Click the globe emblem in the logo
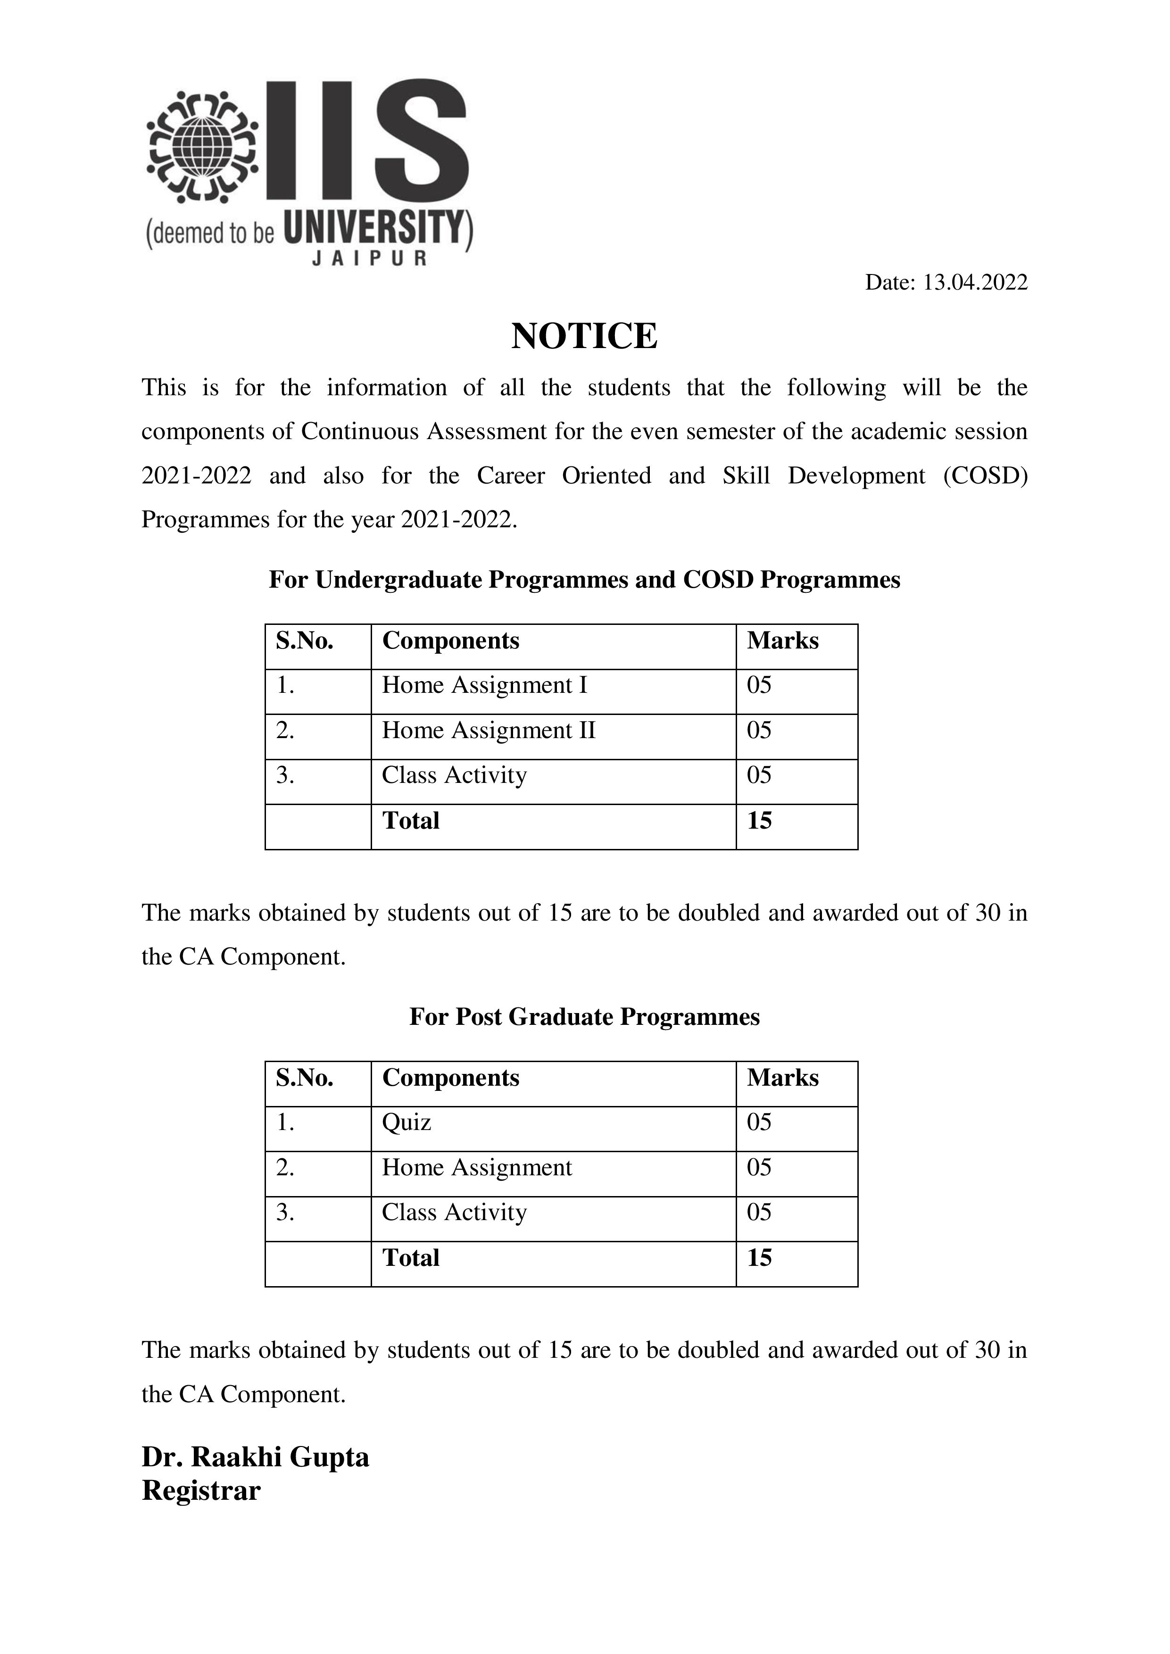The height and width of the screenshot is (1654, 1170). (x=202, y=146)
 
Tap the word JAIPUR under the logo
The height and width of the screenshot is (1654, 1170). (x=369, y=258)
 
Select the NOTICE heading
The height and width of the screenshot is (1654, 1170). (x=584, y=336)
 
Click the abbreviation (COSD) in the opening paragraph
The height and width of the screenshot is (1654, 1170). (x=985, y=475)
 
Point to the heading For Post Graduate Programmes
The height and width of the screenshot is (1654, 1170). (x=584, y=1016)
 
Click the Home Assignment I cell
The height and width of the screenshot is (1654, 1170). (x=484, y=685)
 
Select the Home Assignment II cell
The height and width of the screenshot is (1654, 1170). (x=489, y=731)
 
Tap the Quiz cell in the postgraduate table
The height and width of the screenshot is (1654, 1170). (x=407, y=1122)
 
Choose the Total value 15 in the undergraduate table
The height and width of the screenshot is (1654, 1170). (x=759, y=821)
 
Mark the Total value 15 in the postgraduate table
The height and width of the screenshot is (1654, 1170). (x=759, y=1258)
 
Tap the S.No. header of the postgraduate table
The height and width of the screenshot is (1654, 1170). (x=304, y=1078)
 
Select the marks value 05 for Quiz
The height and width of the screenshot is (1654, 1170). (x=759, y=1122)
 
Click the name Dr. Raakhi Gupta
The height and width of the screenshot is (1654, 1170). (x=255, y=1456)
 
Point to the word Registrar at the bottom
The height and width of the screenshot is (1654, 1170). (x=201, y=1490)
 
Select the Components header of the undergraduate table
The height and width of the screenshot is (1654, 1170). (x=450, y=640)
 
